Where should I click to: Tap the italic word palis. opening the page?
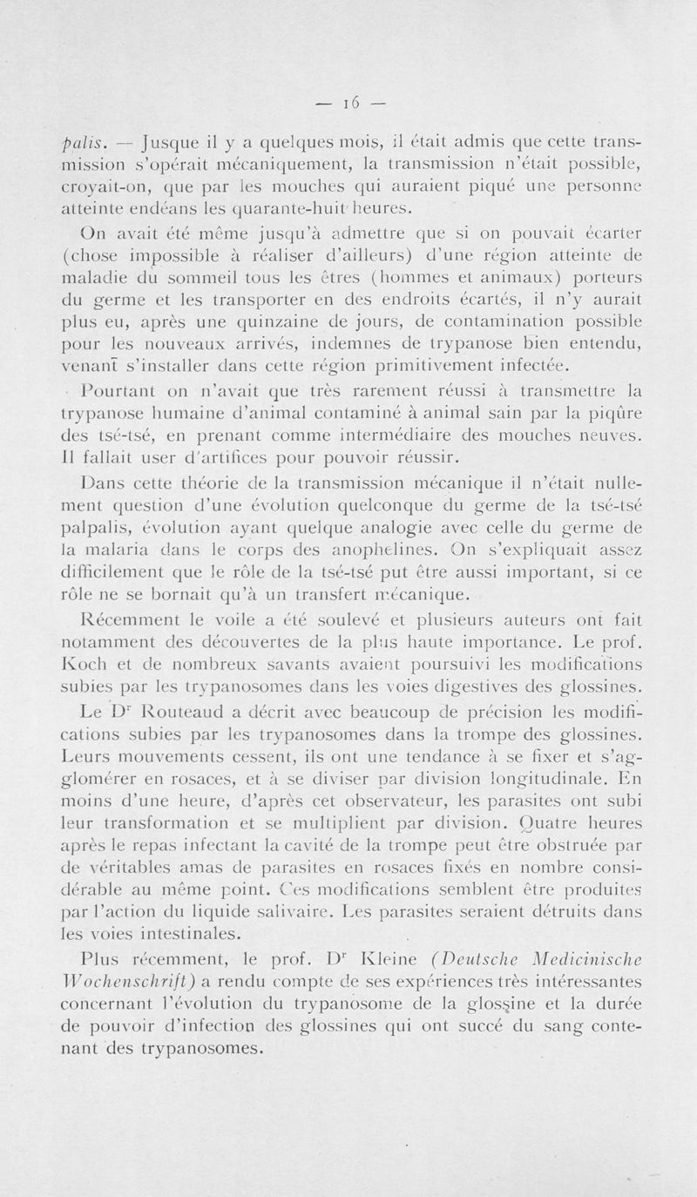click(x=82, y=145)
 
